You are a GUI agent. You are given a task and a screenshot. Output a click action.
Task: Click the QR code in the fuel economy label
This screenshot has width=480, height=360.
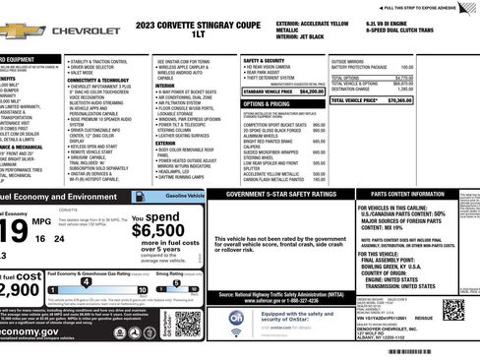tap(188, 323)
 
